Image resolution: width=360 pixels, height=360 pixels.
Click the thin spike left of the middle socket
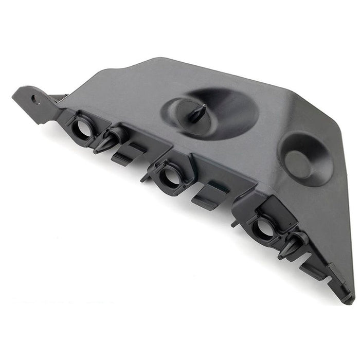(145, 178)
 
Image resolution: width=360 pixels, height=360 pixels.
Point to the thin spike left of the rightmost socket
(234, 223)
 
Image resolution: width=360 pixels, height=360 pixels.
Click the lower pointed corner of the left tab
(41, 122)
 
